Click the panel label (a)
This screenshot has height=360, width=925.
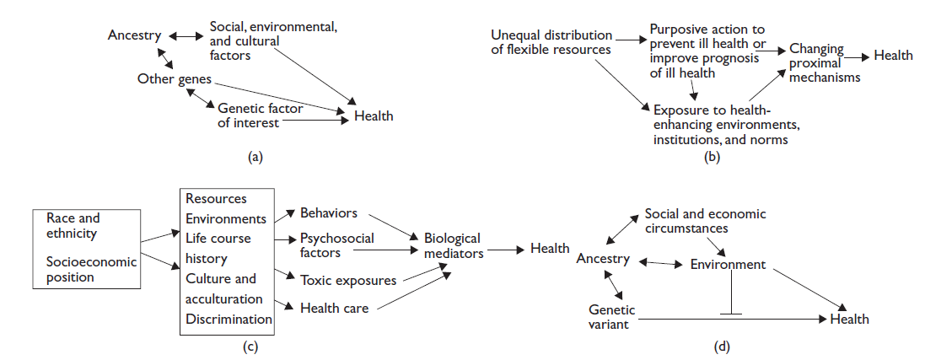256,156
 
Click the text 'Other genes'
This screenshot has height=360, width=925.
174,79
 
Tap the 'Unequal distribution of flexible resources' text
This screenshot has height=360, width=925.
551,42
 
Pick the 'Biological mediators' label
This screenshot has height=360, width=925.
452,245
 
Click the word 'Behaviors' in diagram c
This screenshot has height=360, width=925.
329,212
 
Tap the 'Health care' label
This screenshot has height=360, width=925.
334,308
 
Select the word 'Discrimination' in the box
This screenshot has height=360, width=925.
229,319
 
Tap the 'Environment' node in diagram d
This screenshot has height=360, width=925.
728,265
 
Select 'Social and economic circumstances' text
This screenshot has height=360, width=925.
705,221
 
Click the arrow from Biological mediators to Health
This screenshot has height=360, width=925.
503,250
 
